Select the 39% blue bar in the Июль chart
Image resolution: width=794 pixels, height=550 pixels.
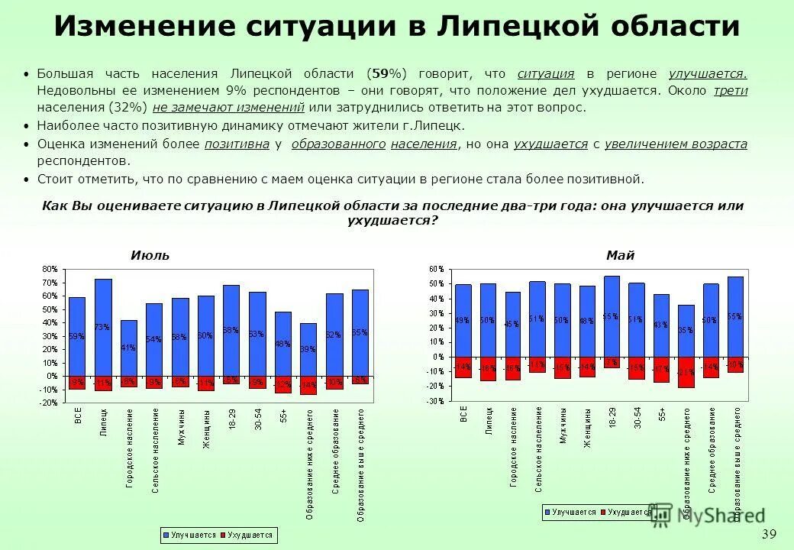tap(308, 349)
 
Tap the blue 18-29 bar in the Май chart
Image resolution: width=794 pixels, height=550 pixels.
tap(612, 316)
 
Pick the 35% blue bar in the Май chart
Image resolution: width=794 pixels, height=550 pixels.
tap(686, 331)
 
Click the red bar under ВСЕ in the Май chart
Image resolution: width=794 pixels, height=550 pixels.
tap(463, 367)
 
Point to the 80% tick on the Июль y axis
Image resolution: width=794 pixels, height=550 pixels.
tap(50, 269)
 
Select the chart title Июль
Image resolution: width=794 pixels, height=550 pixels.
tap(150, 255)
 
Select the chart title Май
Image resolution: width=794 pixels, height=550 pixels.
tap(621, 255)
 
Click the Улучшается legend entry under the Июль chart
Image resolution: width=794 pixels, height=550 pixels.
tap(190, 535)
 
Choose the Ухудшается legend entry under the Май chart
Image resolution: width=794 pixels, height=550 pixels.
tap(626, 513)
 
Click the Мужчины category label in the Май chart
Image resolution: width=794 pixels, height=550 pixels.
tap(563, 425)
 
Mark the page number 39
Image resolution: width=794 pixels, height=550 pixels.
tap(769, 533)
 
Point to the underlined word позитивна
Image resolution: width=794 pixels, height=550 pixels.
tap(237, 144)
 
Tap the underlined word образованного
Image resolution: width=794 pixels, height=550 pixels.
tap(338, 144)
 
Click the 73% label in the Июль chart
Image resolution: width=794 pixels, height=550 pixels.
tap(102, 326)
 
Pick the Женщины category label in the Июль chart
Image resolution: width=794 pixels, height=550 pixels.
tap(206, 429)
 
